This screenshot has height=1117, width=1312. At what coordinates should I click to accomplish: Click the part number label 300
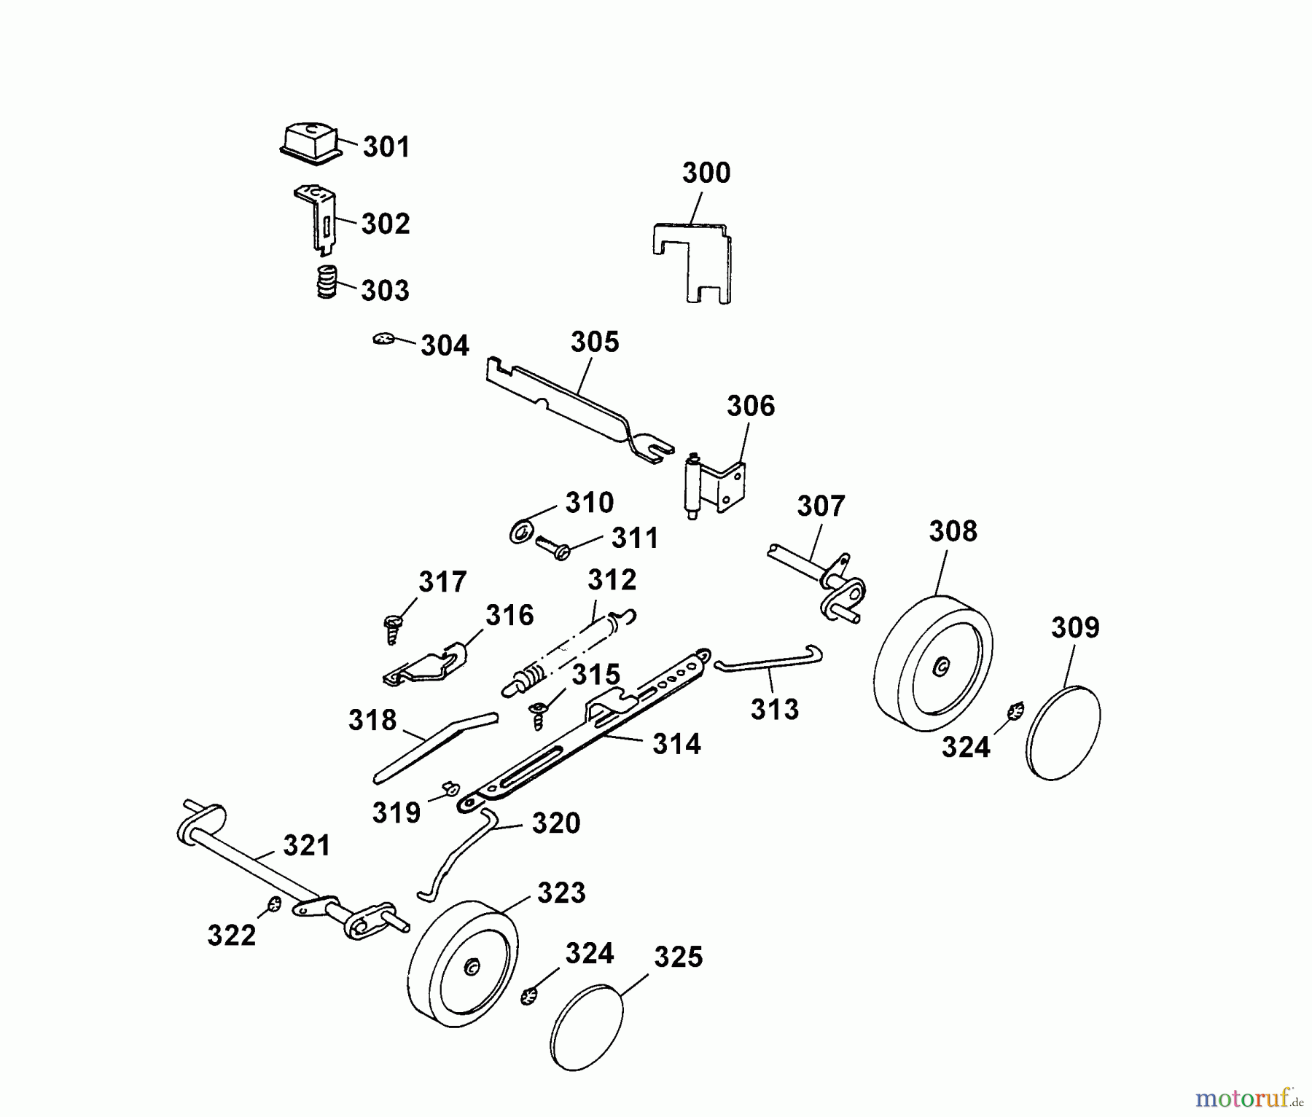[706, 173]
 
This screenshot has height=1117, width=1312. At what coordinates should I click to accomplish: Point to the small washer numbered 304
[383, 339]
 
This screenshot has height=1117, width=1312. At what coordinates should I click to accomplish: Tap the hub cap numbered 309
[1063, 732]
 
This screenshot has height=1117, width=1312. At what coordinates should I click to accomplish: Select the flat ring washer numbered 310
[521, 532]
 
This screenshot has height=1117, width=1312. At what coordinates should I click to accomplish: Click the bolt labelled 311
[552, 546]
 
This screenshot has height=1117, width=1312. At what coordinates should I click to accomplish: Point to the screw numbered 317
[393, 629]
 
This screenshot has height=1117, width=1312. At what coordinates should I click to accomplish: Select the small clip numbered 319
[450, 787]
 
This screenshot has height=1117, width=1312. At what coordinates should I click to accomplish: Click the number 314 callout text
[676, 744]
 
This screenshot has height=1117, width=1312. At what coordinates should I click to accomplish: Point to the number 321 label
[306, 846]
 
